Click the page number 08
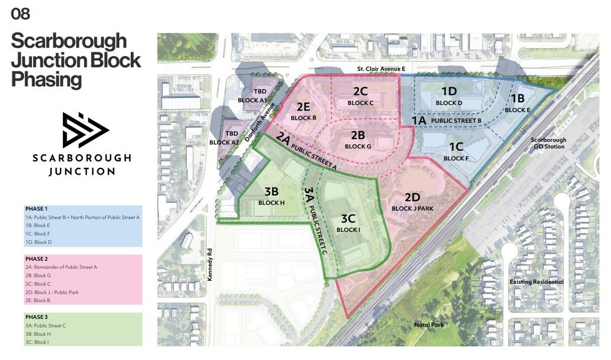(20, 14)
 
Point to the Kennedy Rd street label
(211, 259)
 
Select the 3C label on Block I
(348, 219)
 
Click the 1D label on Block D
(449, 91)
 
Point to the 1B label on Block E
(517, 99)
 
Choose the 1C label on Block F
(456, 147)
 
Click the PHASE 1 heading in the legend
(37, 208)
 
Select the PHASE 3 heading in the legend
(37, 317)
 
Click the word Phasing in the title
(47, 79)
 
